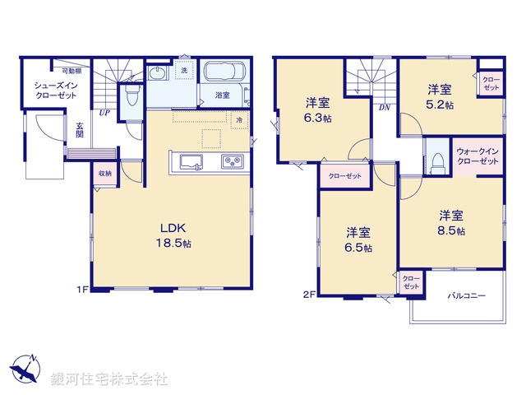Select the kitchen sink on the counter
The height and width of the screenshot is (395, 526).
coord(187,160)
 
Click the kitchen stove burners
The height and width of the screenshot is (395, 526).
coord(232,160)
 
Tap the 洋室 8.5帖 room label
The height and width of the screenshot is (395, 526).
coord(450,222)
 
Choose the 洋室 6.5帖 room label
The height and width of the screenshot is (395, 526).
coord(358,239)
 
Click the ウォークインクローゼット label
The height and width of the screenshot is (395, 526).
coord(478,157)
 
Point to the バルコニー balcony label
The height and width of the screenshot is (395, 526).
coord(466,295)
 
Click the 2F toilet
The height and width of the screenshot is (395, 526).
coord(436,160)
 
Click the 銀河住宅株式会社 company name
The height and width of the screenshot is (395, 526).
coord(108,379)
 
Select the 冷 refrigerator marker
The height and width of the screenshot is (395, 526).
coord(239,121)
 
